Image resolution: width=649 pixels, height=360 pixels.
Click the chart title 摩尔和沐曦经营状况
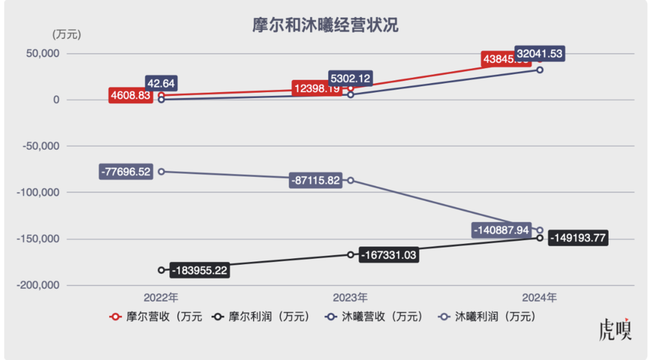point(324,25)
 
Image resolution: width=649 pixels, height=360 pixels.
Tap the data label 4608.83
point(130,95)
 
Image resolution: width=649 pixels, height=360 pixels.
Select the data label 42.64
point(162,83)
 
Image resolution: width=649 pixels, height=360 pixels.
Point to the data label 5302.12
point(350,78)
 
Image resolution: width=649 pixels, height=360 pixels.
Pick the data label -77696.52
point(126,172)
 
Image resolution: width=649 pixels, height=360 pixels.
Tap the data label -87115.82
point(316,181)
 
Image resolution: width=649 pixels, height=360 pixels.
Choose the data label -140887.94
point(504,230)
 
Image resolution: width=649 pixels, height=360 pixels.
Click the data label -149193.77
point(578,238)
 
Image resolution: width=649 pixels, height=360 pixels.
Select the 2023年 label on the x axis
point(350,298)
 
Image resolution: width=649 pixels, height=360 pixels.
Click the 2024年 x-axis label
point(539,298)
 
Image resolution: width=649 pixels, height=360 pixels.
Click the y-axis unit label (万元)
point(66,34)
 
